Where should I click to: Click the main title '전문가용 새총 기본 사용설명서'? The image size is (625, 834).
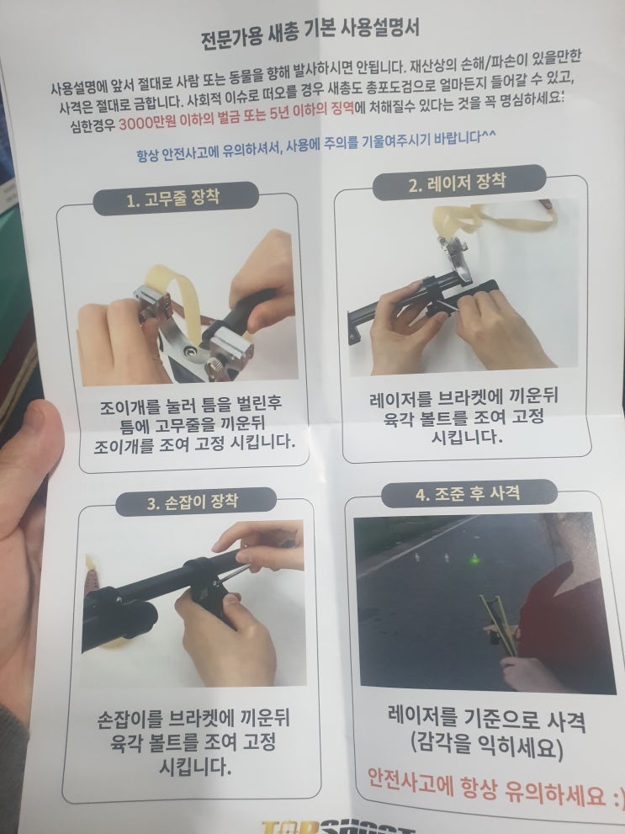[310, 33]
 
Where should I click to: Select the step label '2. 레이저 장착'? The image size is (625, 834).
[457, 183]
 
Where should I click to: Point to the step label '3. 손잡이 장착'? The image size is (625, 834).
[193, 502]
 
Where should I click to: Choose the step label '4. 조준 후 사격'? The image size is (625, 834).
[469, 494]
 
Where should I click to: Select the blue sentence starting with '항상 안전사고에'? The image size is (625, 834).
[315, 145]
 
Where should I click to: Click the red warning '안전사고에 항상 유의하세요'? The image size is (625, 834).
[495, 788]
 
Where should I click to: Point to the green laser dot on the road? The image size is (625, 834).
[473, 559]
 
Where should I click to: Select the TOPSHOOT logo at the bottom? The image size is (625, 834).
[337, 827]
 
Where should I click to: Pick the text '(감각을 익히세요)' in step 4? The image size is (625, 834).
[486, 746]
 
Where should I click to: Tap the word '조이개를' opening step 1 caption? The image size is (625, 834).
[130, 408]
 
